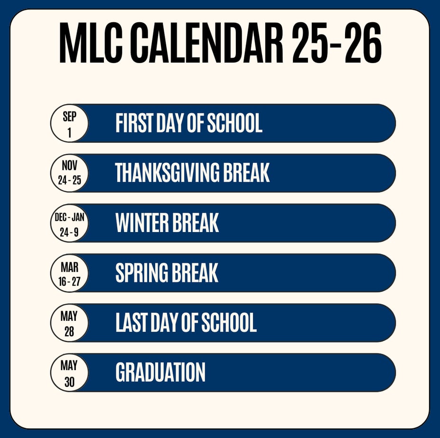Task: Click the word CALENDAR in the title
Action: coord(207,42)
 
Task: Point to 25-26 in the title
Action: coord(337,42)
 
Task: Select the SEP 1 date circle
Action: coord(69,123)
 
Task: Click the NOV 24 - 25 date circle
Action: coord(69,173)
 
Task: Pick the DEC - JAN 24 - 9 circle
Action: coord(69,223)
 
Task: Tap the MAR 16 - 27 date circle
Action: coord(69,273)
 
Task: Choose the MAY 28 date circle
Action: coord(69,323)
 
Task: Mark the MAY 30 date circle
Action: coord(69,373)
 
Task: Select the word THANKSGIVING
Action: coord(167,173)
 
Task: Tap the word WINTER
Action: coord(142,223)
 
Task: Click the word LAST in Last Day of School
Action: coord(131,322)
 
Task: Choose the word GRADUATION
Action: coord(160,372)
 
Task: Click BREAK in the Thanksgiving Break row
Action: coord(246,173)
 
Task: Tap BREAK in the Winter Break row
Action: coord(196,223)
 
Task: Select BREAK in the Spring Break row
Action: coord(195,272)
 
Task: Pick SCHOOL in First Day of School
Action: coord(234,123)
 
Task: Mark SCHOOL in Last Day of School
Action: coord(229,322)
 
